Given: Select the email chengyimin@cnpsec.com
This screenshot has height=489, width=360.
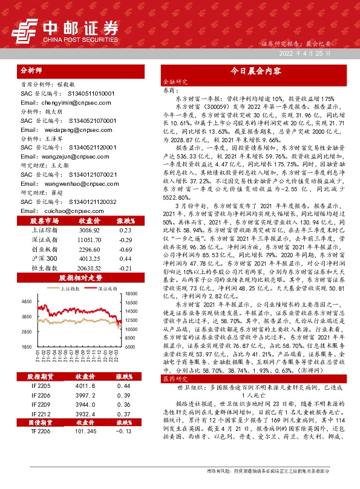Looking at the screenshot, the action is (x=59, y=103).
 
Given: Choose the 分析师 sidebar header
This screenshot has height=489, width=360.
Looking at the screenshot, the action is (x=31, y=70).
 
